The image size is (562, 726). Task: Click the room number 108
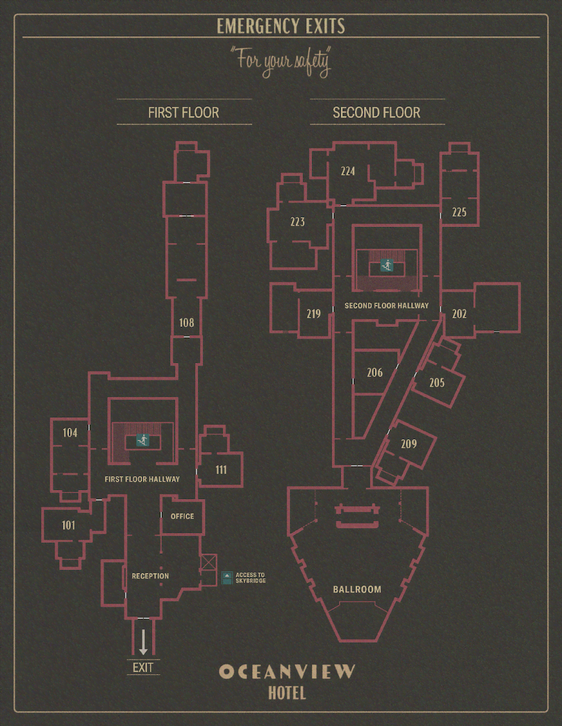pos(187,322)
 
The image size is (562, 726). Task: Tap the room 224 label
pos(348,171)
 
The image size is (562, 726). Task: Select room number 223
pos(297,221)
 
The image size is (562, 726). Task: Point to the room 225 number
pos(459,212)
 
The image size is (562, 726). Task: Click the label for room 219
pos(314,313)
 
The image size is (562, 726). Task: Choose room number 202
pos(459,313)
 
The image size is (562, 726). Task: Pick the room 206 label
pos(374,372)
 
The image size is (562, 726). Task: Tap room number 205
pos(437,382)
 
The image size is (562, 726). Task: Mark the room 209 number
pos(409,443)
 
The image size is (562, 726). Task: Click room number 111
pos(221,469)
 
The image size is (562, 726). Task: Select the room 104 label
pos(70,433)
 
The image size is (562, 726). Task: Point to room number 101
pos(68,525)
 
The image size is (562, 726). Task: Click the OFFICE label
pos(182,516)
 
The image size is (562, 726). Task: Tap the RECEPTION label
pos(150,576)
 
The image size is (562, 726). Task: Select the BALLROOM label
pos(357,589)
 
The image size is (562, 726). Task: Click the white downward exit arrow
pos(143,642)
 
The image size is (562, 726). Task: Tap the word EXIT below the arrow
pos(143,667)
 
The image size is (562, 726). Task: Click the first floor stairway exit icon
pos(143,440)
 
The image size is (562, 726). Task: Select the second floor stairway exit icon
pos(387,265)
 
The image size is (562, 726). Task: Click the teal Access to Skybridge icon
pos(227,578)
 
